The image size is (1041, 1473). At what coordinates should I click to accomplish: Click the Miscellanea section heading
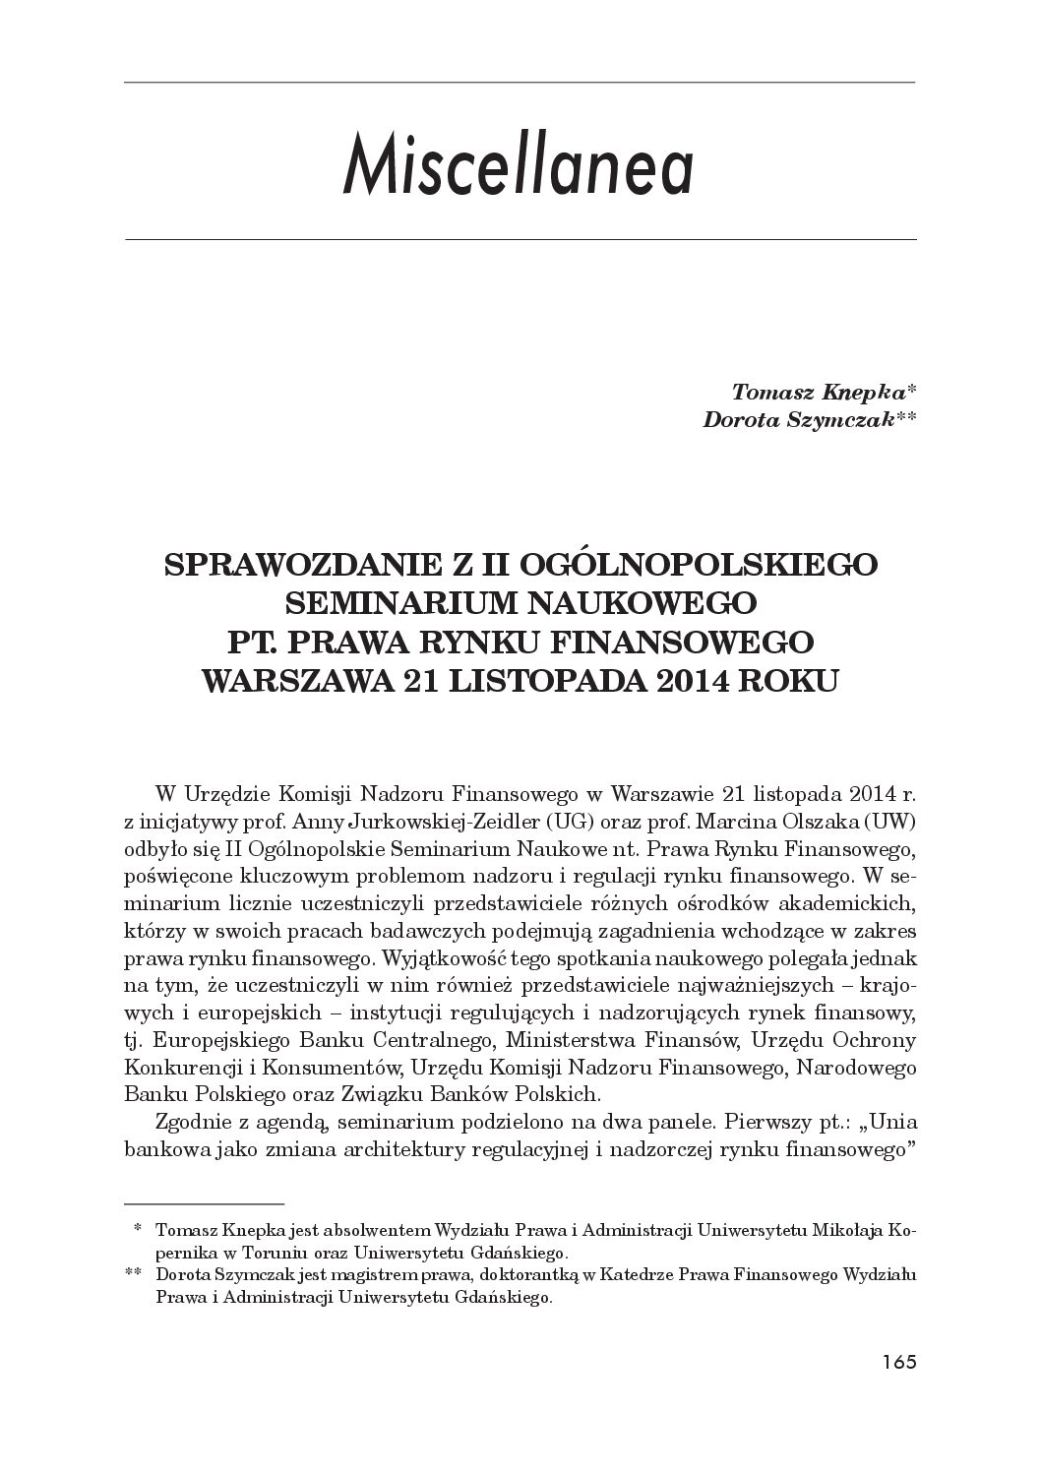click(519, 169)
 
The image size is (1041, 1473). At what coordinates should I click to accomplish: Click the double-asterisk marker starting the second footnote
click(134, 1275)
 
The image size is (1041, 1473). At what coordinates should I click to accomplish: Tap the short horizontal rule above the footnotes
click(204, 1202)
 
